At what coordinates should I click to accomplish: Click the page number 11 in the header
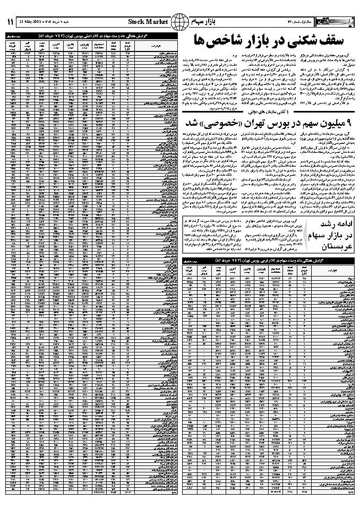(x=10, y=21)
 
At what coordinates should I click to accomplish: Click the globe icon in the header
(x=182, y=22)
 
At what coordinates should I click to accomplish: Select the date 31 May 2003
(x=30, y=22)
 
